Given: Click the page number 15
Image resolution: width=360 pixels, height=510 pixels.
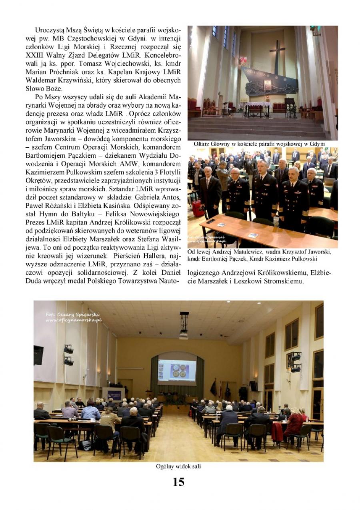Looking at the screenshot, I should click(x=178, y=482).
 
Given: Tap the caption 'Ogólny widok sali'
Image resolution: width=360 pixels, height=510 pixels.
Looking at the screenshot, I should click(x=178, y=466).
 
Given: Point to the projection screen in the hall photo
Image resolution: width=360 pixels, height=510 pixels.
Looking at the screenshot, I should click(x=177, y=372).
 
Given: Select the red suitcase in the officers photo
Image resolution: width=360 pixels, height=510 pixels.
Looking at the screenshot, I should click(x=198, y=208).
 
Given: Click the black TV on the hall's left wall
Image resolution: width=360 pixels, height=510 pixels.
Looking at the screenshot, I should click(x=38, y=355).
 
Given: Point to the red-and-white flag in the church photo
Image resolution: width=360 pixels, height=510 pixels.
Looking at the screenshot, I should click(x=243, y=60).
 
